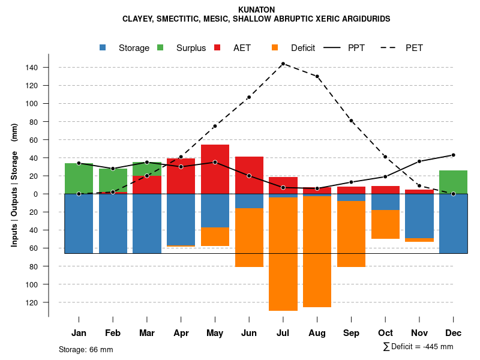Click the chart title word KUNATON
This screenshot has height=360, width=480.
(256, 10)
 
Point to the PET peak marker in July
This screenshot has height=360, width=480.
(283, 64)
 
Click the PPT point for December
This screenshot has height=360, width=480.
(453, 155)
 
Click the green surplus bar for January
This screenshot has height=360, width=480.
(79, 178)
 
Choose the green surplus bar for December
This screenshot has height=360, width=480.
(453, 182)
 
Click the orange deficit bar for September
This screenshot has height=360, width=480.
(351, 234)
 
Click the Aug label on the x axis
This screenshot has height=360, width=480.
(317, 333)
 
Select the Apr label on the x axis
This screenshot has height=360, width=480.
(181, 333)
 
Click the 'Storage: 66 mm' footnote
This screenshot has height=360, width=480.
(86, 349)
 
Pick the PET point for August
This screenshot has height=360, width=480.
(317, 76)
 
